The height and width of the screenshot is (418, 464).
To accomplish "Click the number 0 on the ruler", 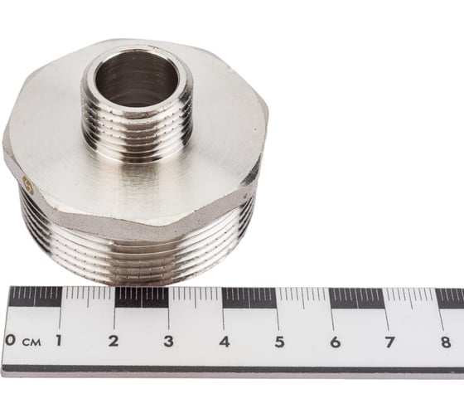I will click(x=10, y=341).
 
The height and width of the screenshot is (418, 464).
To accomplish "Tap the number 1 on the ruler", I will click(x=59, y=341).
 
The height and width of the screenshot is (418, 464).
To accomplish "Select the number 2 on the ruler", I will click(x=113, y=341).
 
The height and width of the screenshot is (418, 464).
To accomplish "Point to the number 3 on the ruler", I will click(x=168, y=341).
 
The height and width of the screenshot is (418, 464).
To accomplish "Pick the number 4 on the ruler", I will click(x=224, y=341).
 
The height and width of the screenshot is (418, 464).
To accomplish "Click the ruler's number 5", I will click(x=279, y=341).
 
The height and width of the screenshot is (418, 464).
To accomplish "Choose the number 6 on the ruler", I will click(x=335, y=341).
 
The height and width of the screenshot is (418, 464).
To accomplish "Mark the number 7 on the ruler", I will click(x=389, y=341).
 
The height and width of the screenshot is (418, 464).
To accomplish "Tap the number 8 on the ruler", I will click(x=445, y=341).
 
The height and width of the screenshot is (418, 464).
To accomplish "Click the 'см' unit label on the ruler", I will click(x=31, y=342).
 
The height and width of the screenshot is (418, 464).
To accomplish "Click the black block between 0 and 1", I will click(x=34, y=297).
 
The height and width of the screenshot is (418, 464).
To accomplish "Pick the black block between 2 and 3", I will click(x=141, y=297).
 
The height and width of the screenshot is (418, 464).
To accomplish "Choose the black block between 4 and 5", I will click(x=249, y=297).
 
